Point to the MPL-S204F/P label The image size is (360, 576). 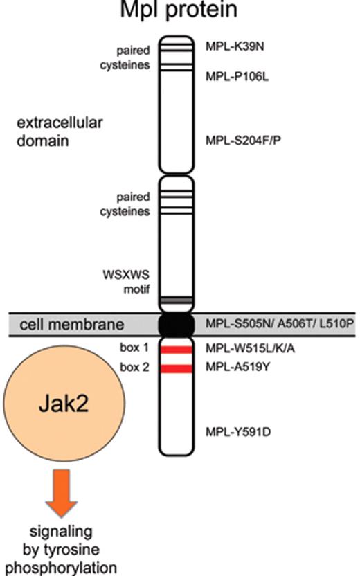coord(243,141)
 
